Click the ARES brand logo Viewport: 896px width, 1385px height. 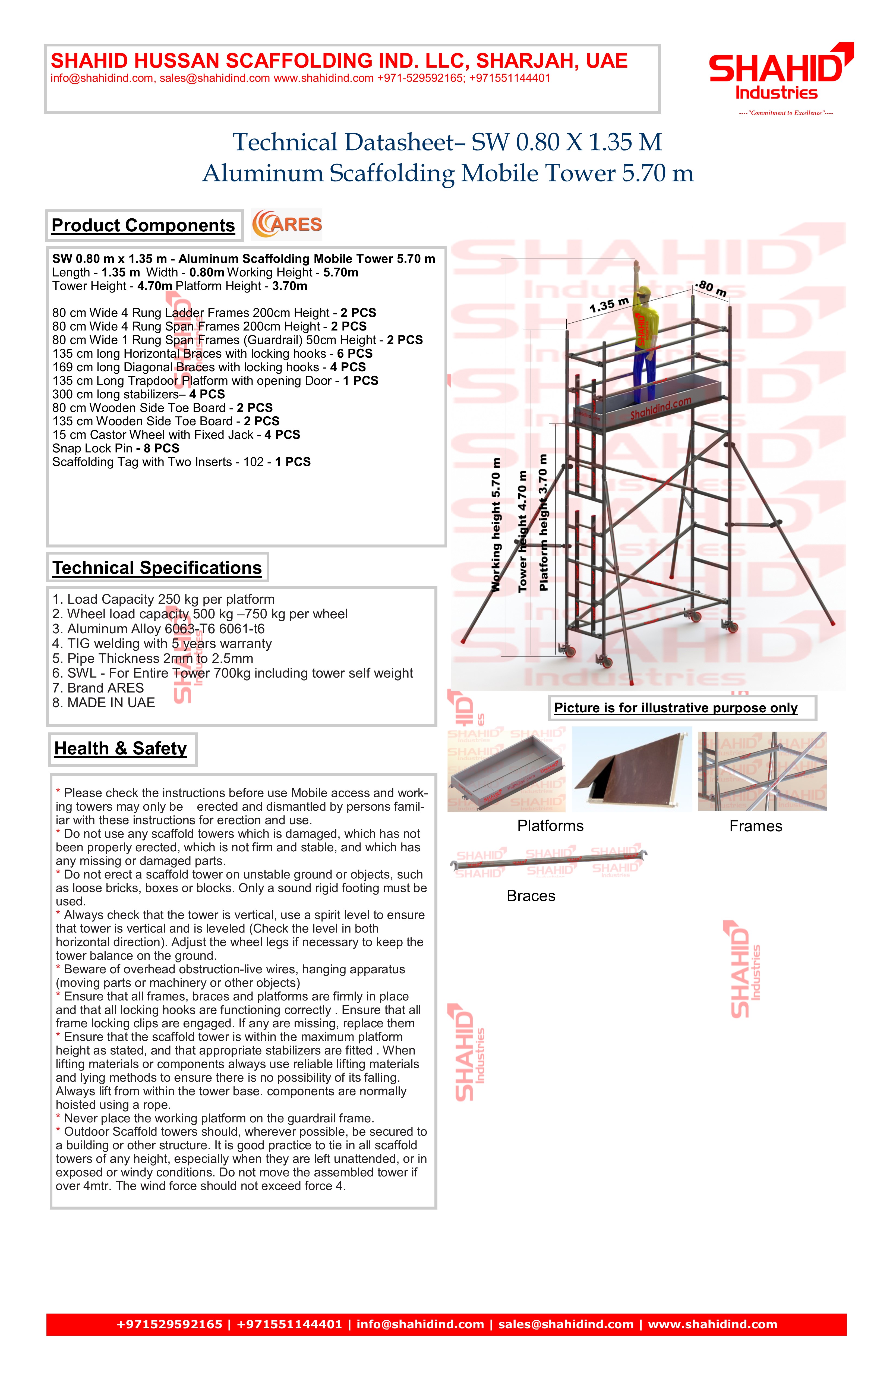tap(287, 225)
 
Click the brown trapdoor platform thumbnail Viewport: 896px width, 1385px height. tap(631, 769)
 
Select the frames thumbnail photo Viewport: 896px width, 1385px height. tap(762, 771)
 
